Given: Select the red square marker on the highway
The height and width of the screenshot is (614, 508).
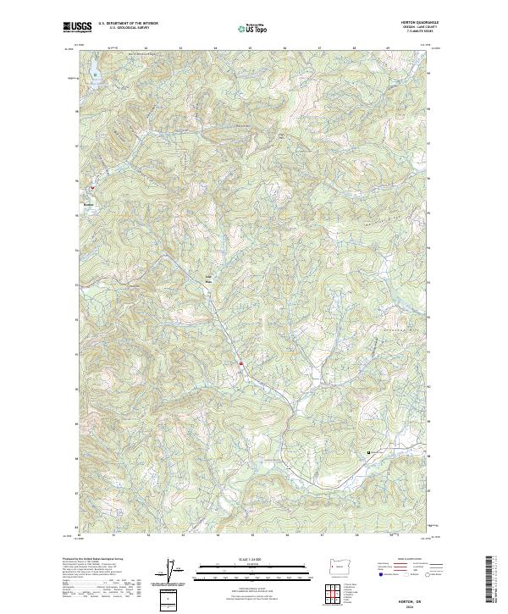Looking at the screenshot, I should coord(241,364).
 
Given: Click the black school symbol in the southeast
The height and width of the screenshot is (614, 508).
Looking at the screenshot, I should coord(369,453).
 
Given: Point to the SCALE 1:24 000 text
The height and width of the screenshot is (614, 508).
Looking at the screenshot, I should coord(253,559).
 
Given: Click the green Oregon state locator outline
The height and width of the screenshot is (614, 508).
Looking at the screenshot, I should coord(340,564).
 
